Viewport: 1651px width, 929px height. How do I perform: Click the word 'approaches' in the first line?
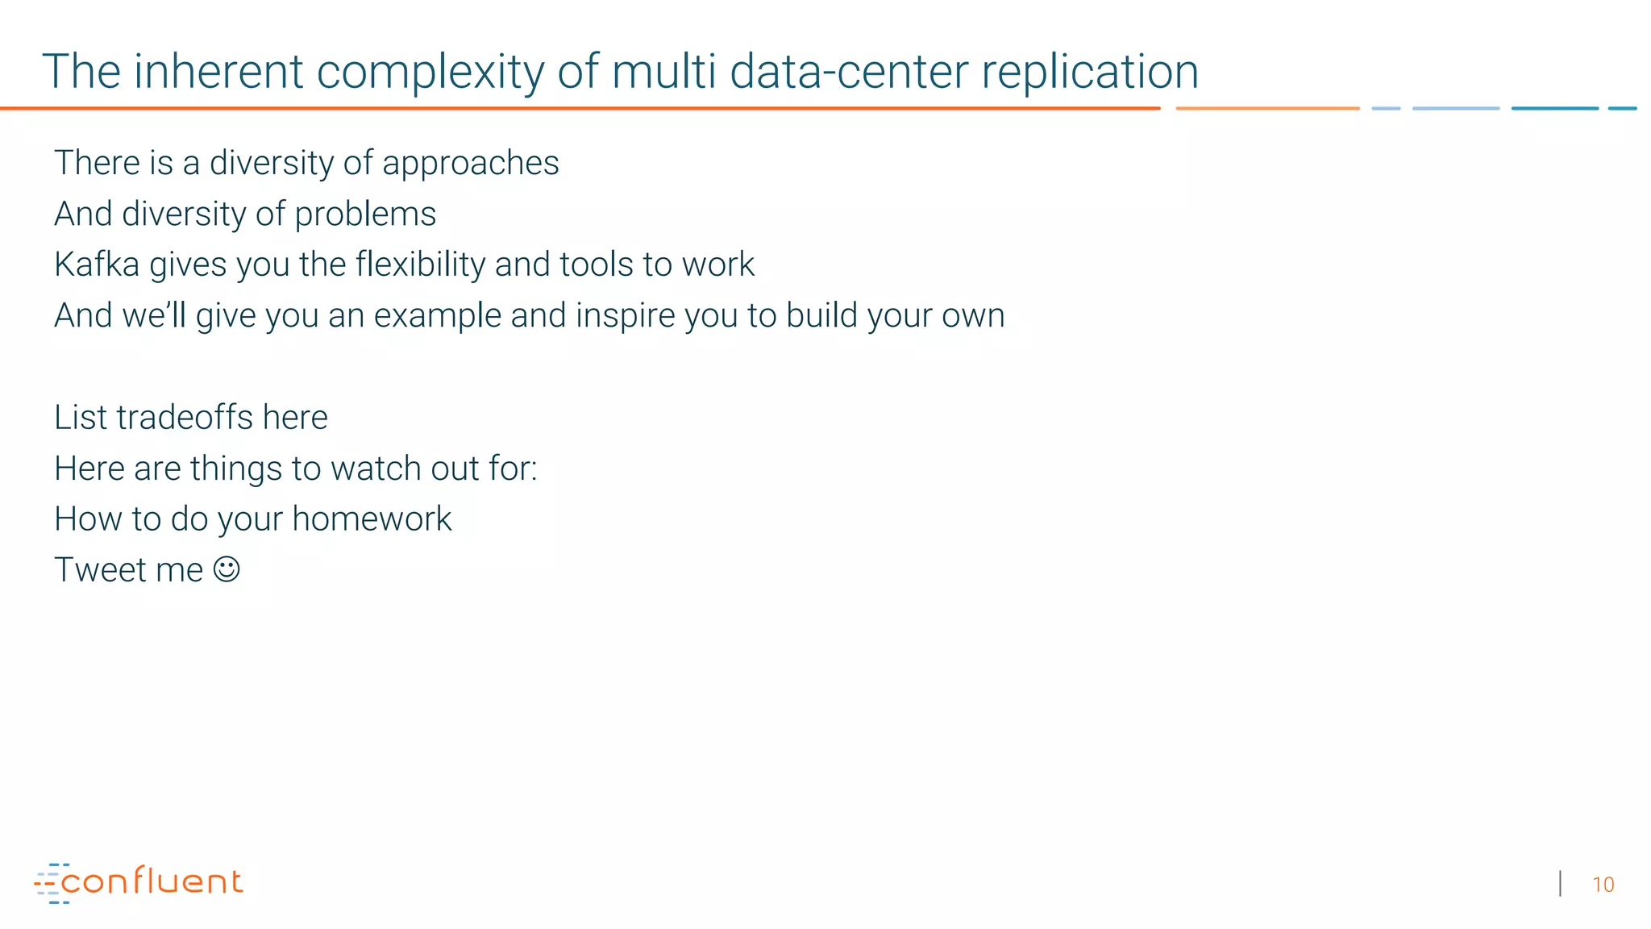click(470, 164)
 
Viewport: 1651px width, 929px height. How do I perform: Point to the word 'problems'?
click(365, 215)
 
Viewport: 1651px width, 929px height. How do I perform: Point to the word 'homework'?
click(372, 519)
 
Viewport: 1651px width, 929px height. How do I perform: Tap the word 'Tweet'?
click(100, 570)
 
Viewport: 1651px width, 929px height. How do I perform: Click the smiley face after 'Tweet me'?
click(227, 569)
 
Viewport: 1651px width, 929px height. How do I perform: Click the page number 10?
click(1603, 885)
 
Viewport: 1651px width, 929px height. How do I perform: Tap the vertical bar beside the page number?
click(1561, 884)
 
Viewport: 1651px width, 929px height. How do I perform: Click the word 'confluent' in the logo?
click(152, 881)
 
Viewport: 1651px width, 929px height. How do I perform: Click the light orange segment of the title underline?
click(1266, 108)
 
